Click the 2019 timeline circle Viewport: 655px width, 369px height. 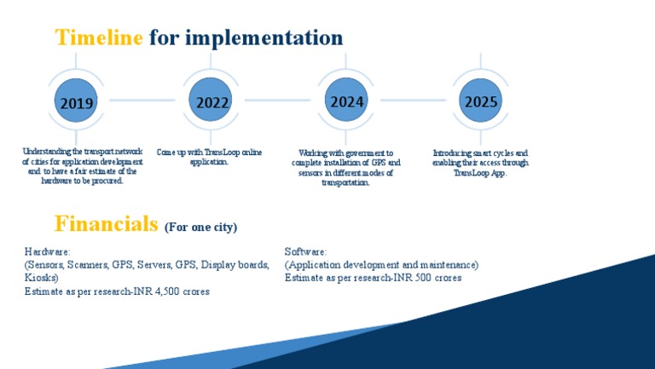click(77, 101)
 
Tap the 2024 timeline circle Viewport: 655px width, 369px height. click(347, 101)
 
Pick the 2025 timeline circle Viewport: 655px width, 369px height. click(481, 101)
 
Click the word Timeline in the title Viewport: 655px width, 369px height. click(99, 37)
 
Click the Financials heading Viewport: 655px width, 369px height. click(107, 224)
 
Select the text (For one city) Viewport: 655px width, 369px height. click(201, 228)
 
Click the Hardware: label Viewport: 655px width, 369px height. click(48, 252)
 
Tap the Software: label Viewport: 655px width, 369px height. click(305, 252)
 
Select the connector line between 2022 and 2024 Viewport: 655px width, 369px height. click(280, 101)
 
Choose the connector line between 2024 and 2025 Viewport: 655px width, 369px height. click(414, 101)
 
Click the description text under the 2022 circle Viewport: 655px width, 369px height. click(209, 157)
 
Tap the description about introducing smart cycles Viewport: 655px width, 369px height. click(480, 162)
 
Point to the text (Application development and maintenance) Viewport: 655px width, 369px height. click(381, 265)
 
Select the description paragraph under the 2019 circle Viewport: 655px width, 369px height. click(83, 165)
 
